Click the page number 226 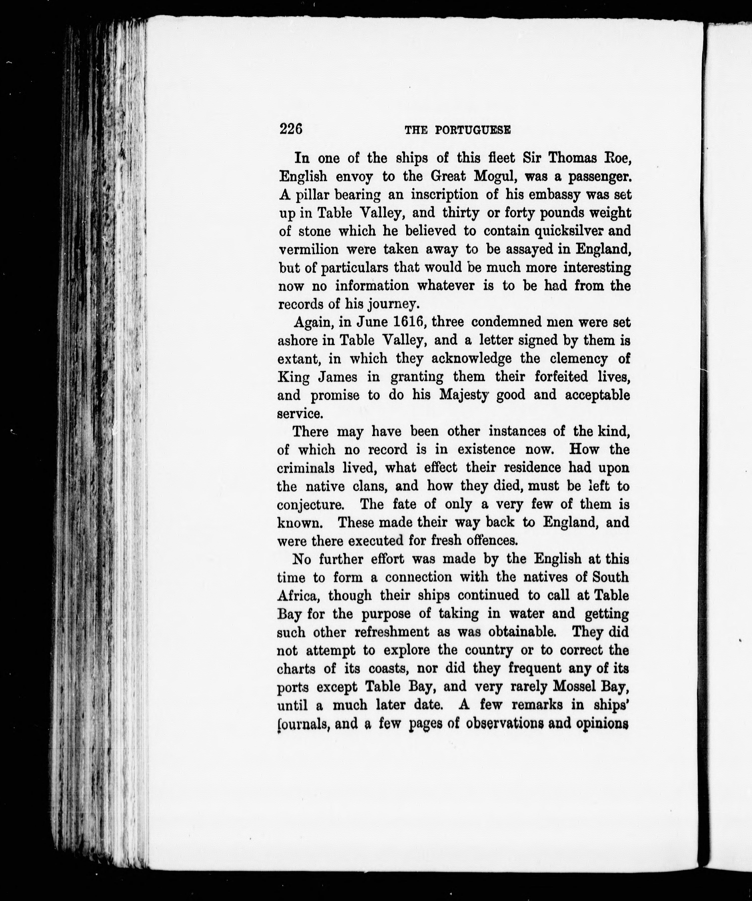coord(291,128)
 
